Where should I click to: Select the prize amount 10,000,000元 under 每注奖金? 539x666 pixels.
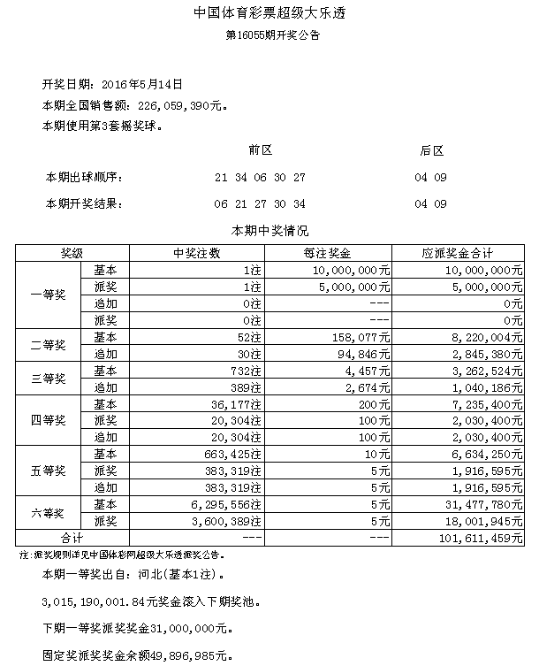(x=350, y=270)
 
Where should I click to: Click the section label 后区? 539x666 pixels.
(x=430, y=151)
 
